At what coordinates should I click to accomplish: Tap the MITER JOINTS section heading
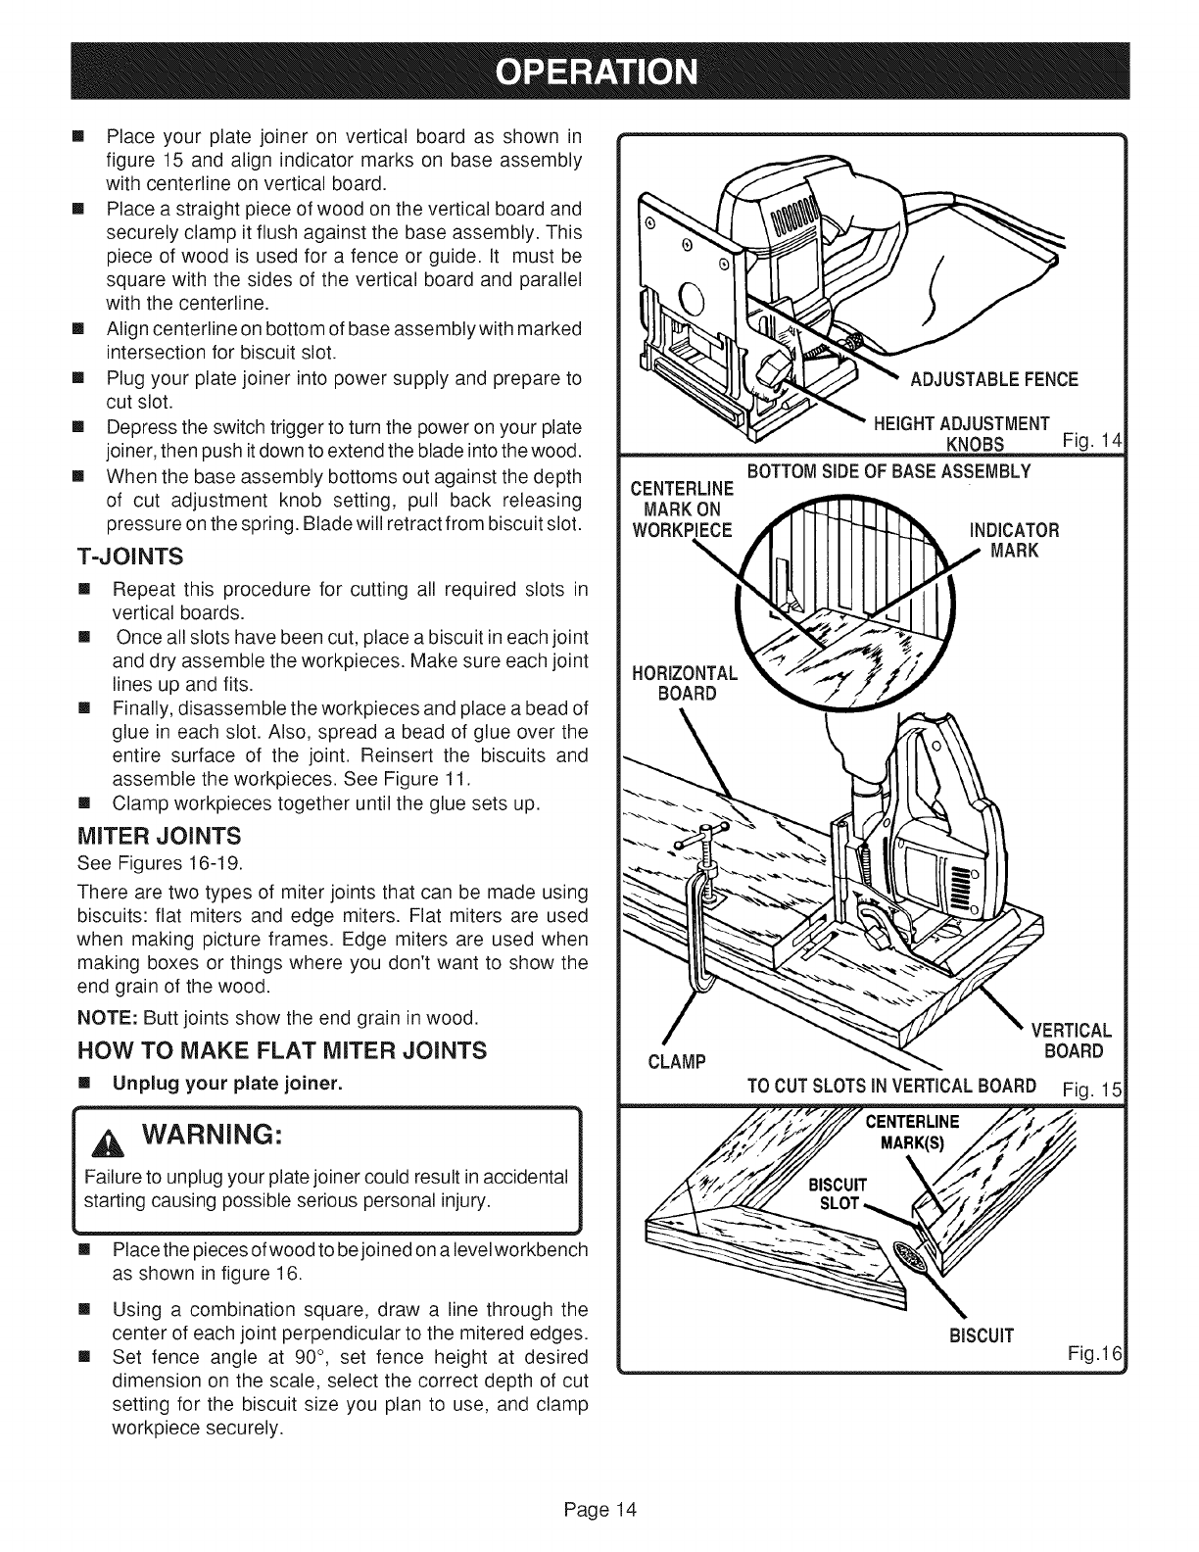(158, 836)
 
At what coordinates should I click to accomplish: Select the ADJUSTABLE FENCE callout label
(993, 379)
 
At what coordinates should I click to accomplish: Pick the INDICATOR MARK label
(1014, 541)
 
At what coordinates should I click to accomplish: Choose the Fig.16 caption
(1094, 1353)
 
